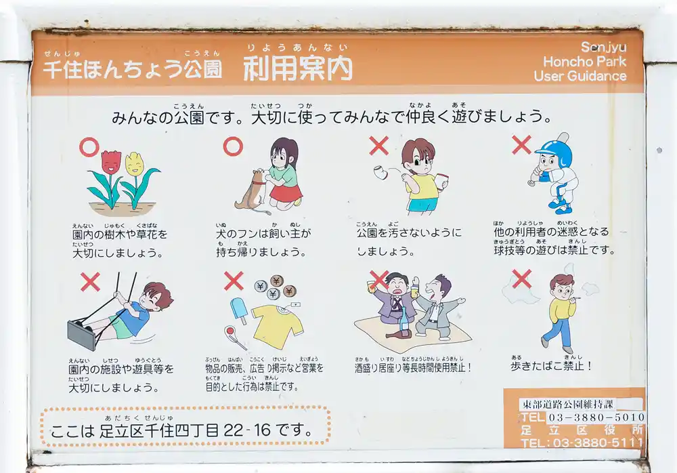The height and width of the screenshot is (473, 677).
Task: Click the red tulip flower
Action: click(110, 162)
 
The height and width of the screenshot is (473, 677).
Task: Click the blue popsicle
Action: click(238, 308)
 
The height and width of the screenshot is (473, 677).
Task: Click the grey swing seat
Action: click(81, 334)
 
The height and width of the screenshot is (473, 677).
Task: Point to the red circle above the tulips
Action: click(89, 146)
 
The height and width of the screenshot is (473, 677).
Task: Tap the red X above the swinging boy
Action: click(90, 281)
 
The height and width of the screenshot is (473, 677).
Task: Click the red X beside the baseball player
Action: click(521, 144)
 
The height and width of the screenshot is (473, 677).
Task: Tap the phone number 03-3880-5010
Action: click(596, 417)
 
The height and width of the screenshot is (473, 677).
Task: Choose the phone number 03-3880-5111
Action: click(596, 443)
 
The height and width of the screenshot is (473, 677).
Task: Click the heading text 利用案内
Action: click(298, 68)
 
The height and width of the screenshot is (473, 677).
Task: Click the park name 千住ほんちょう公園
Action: click(132, 69)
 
